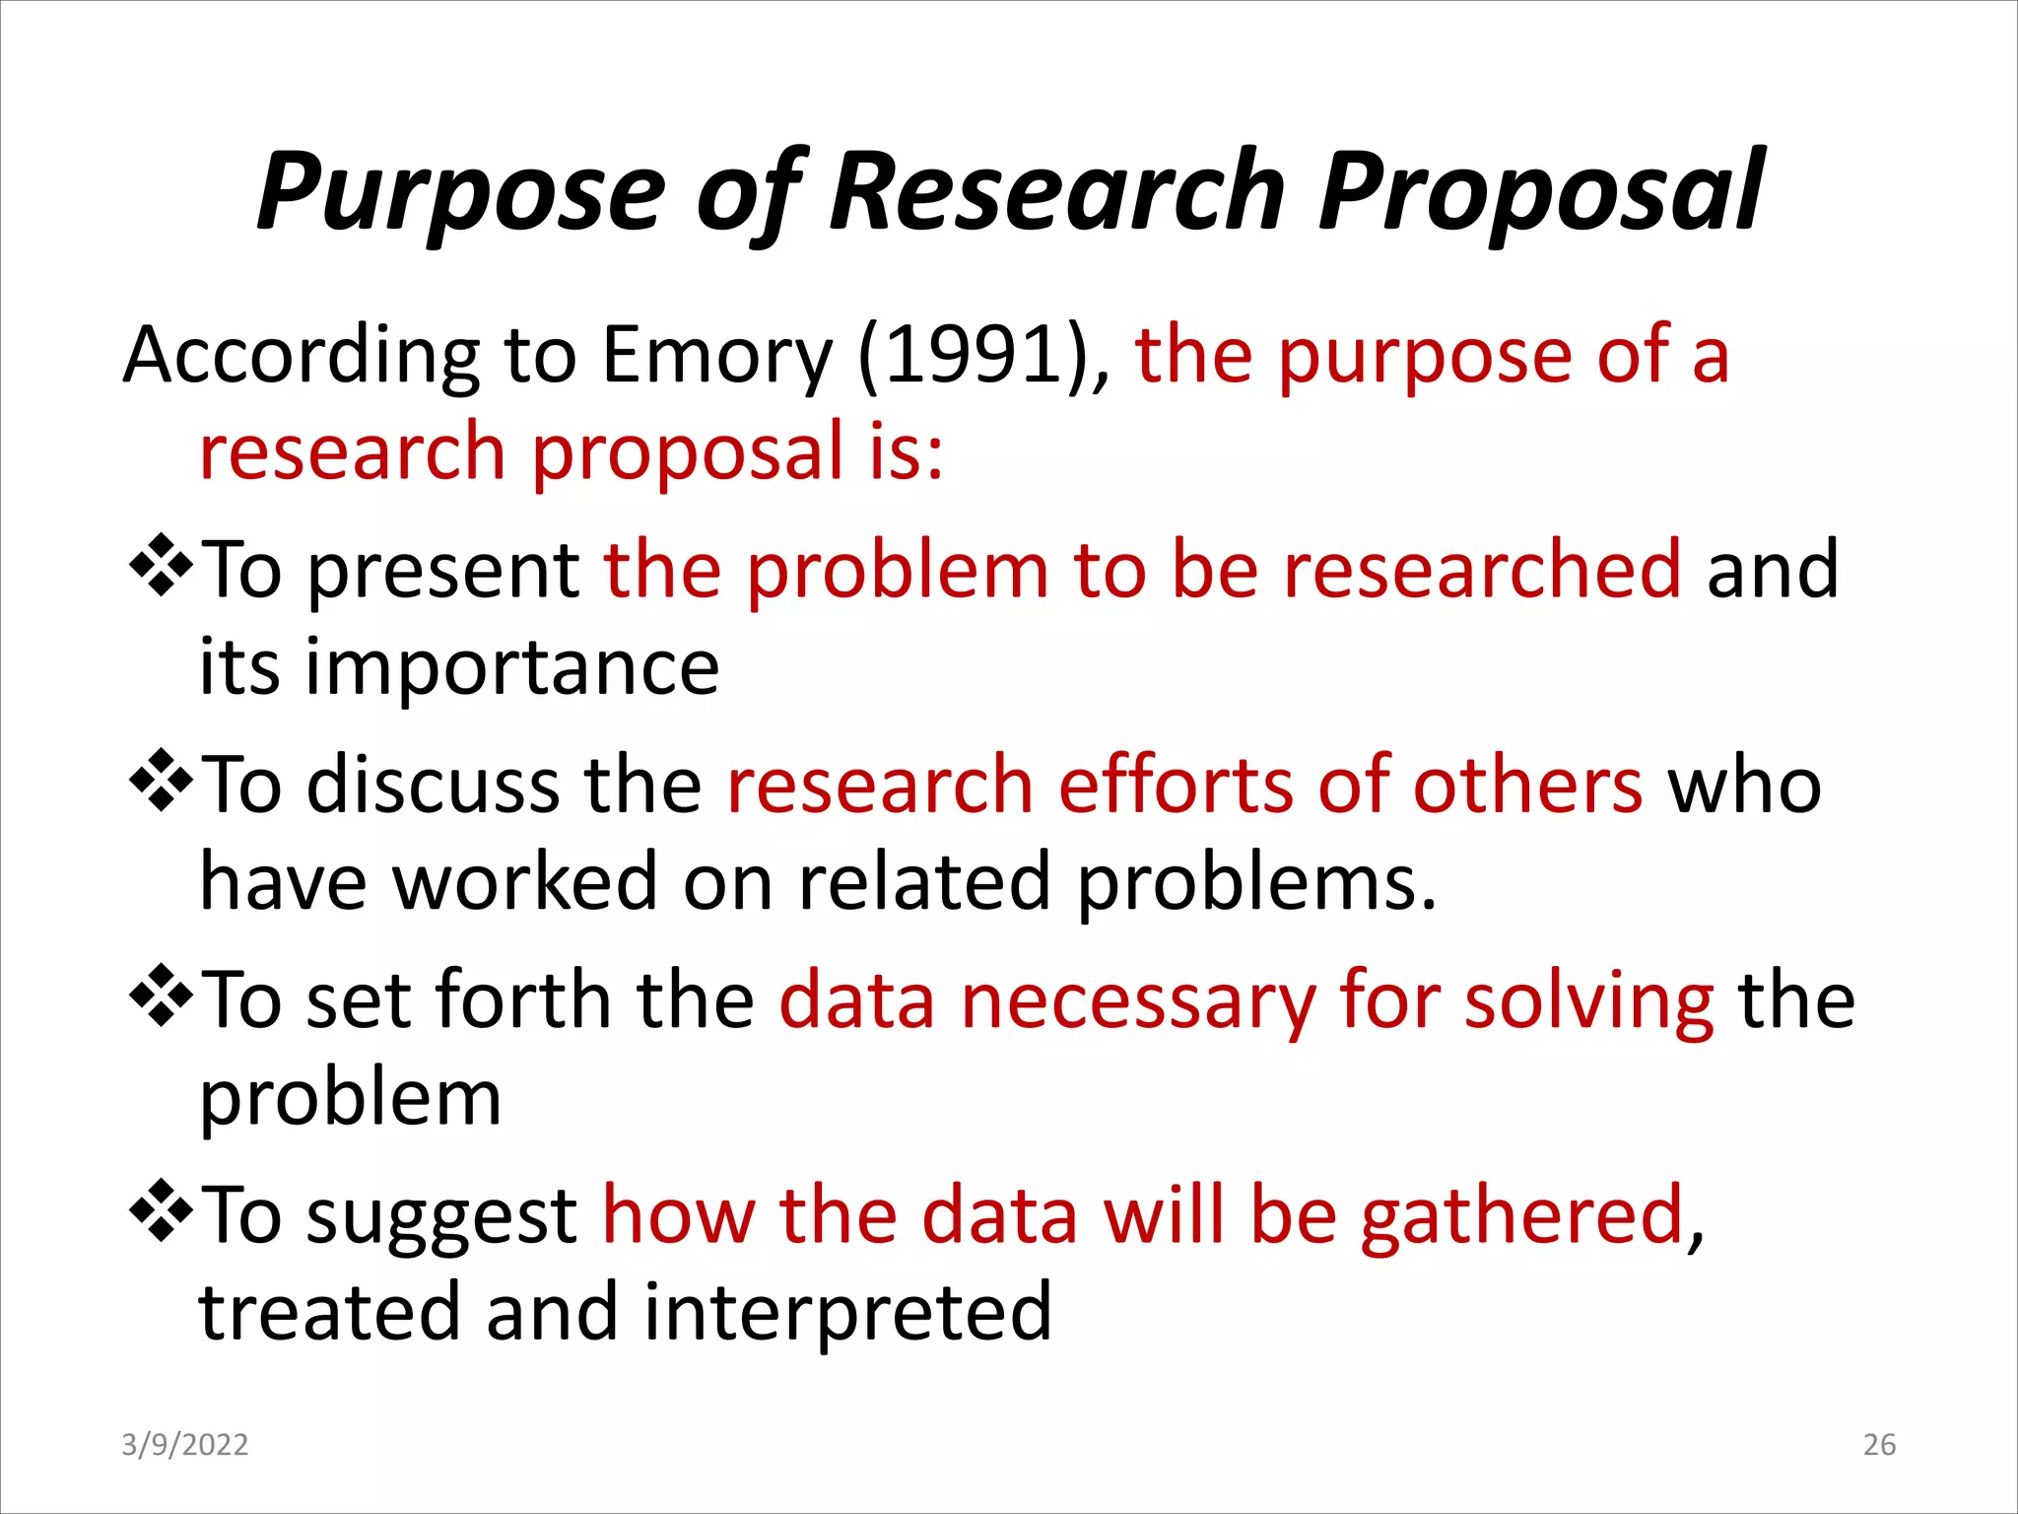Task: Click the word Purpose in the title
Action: pos(461,192)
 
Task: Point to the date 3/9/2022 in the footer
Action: pos(184,1444)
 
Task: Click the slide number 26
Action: pos(1879,1444)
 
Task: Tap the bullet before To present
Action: pos(160,566)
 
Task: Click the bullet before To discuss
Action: pos(160,782)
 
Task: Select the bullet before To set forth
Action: pos(160,997)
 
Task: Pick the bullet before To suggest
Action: pos(160,1211)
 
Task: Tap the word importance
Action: pos(512,667)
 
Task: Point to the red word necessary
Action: pos(1138,1001)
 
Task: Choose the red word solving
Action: pos(1588,1001)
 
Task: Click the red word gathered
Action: pos(1522,1216)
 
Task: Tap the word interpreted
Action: pos(847,1313)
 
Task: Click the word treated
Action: pos(329,1313)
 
